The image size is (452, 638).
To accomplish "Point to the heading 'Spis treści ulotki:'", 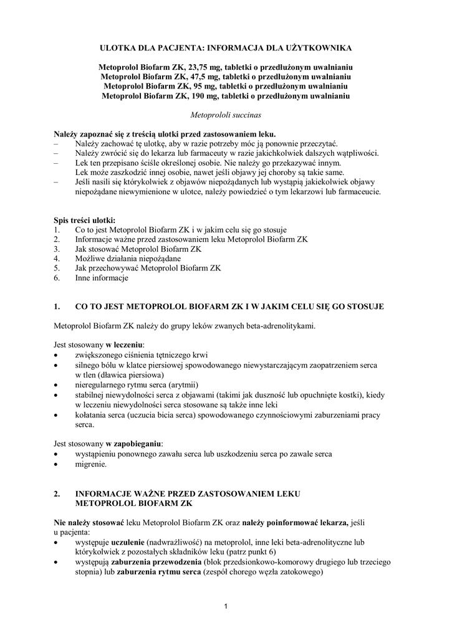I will tap(84, 220).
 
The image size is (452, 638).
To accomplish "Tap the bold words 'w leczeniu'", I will tap(125, 345).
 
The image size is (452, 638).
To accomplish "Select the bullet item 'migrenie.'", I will tap(90, 464).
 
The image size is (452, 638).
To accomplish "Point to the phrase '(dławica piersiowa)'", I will tap(128, 375).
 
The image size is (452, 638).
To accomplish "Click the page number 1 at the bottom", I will tap(226, 606).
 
